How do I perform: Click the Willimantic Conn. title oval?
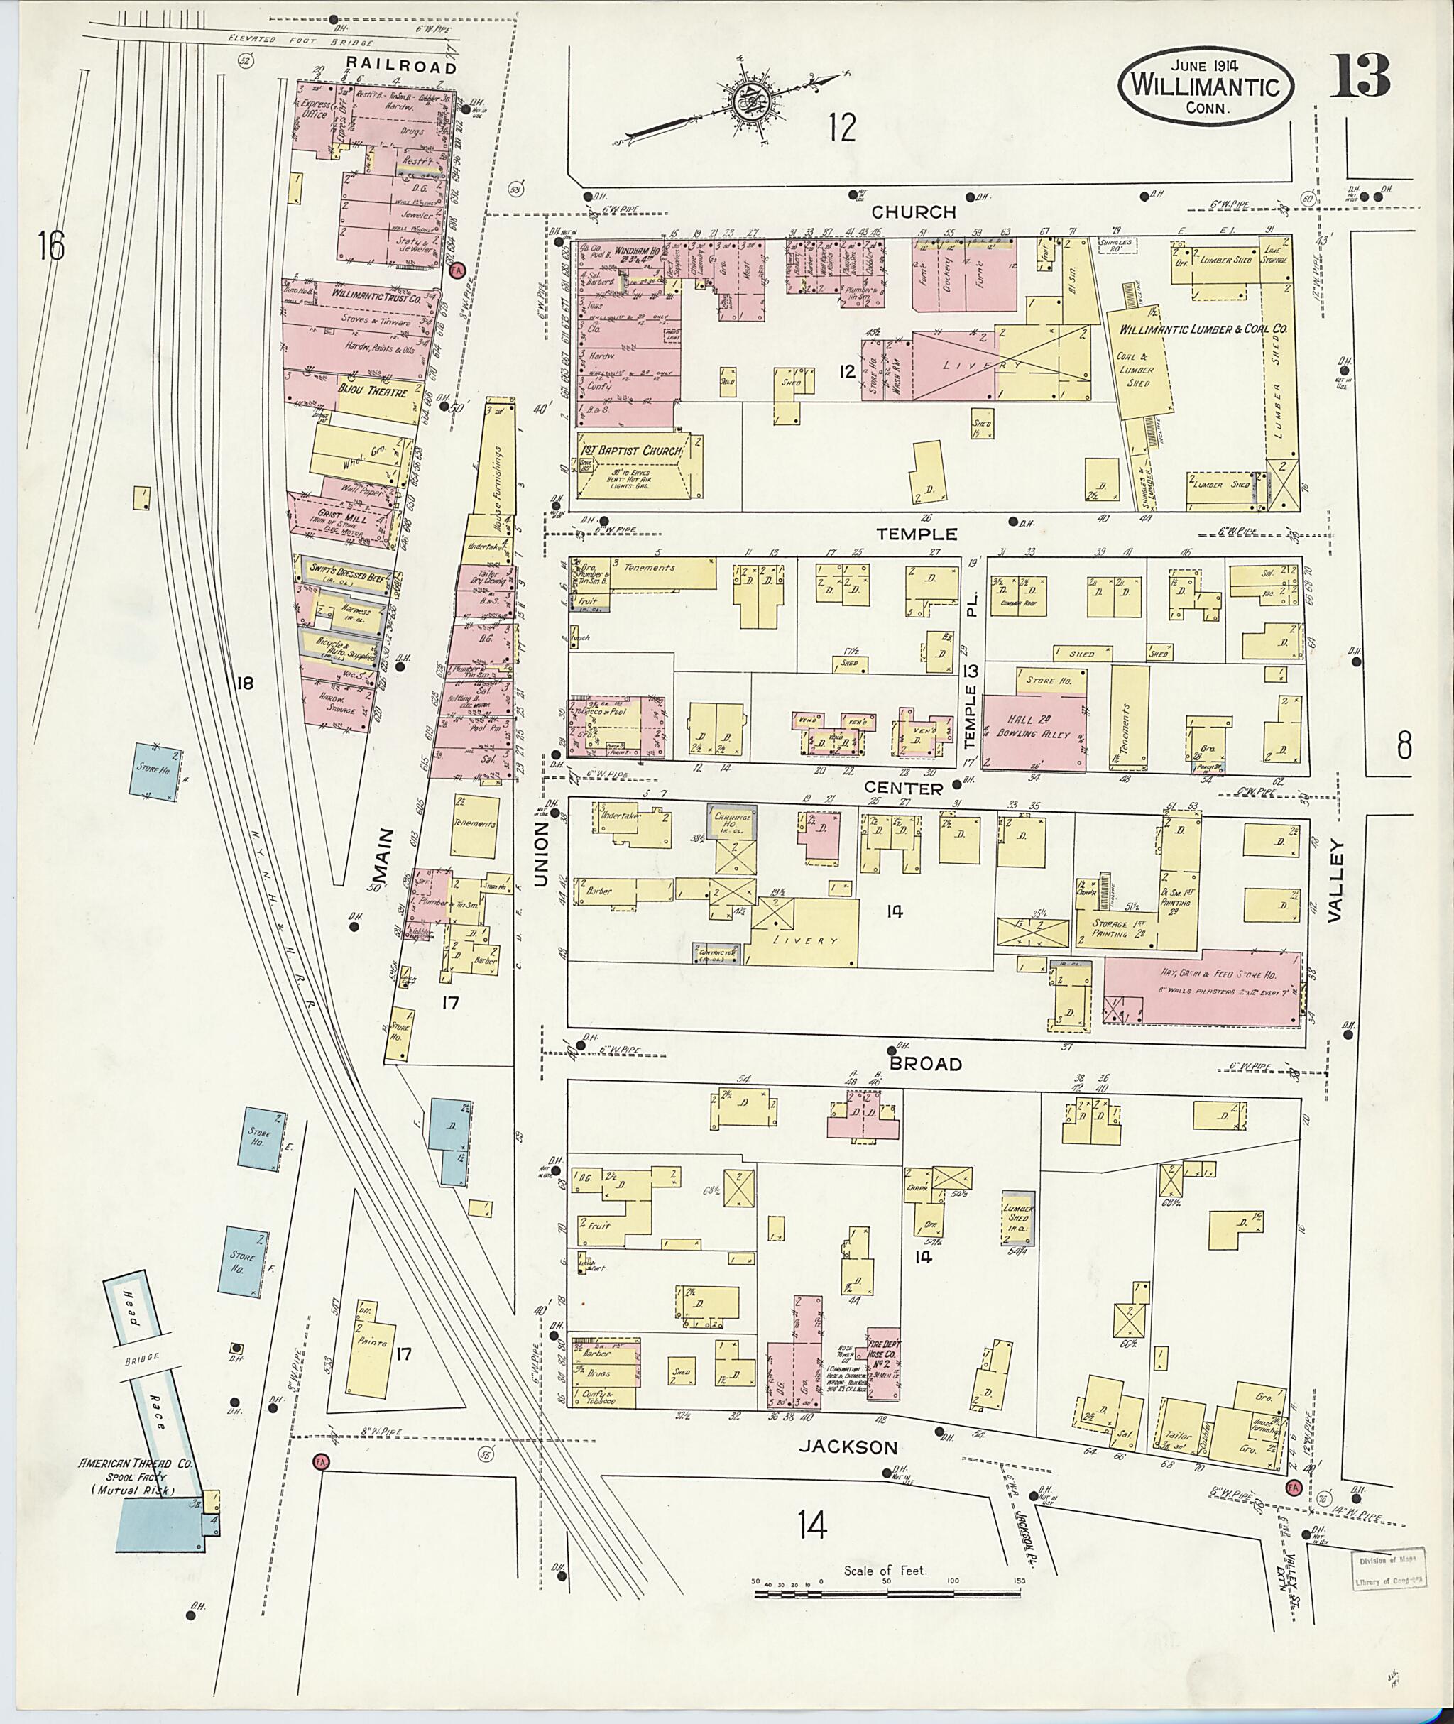[x=1206, y=86]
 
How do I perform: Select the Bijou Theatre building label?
[x=373, y=392]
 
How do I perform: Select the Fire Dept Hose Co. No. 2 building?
[x=881, y=1362]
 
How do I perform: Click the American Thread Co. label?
[x=135, y=1464]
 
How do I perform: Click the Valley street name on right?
[x=1335, y=880]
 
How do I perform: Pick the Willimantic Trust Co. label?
[x=376, y=295]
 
